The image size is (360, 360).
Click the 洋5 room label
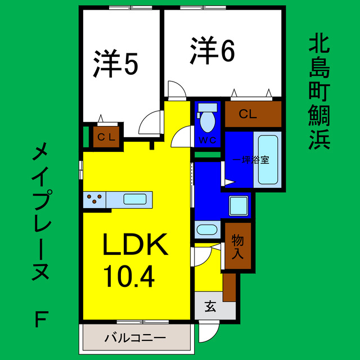point(115,64)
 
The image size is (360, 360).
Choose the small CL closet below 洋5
point(106,137)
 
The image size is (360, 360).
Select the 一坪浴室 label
point(251,159)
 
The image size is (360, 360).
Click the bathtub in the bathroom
point(269,160)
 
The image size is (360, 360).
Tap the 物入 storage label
point(237,246)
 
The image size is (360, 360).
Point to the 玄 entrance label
point(210,307)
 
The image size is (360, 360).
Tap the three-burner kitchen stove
point(94,199)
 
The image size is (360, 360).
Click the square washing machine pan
point(239,205)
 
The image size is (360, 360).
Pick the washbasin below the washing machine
point(208,230)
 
